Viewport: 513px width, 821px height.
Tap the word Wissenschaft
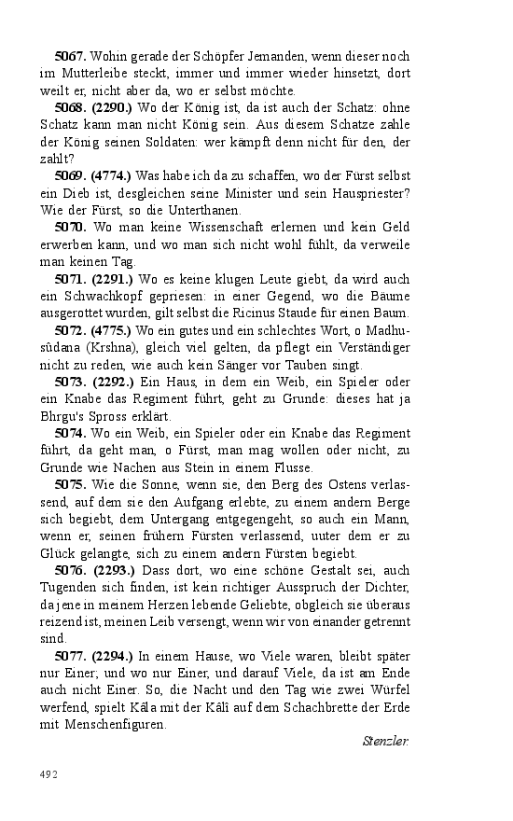[213, 226]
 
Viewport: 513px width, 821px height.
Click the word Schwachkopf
[104, 295]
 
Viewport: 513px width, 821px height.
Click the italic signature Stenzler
[385, 742]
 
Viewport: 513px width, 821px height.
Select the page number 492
[49, 774]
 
